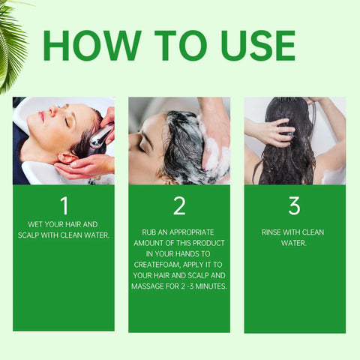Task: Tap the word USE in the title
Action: click(x=248, y=46)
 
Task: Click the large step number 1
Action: click(x=64, y=205)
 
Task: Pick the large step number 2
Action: click(x=179, y=205)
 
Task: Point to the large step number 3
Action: click(x=294, y=205)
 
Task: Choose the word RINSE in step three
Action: click(x=273, y=232)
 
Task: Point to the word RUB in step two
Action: click(x=148, y=232)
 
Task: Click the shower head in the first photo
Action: click(x=99, y=136)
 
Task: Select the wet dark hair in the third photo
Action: click(x=288, y=150)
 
